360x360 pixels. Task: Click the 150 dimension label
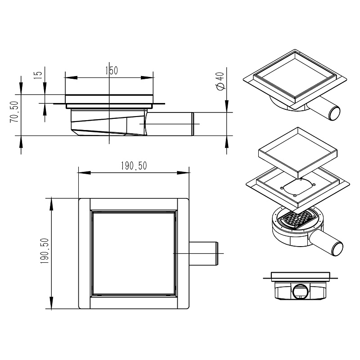tap(112, 71)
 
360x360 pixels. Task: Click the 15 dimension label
tap(38, 75)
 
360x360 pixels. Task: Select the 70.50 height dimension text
tap(14, 112)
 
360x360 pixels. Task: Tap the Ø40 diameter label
tap(220, 81)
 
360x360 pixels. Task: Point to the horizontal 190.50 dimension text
tap(134, 166)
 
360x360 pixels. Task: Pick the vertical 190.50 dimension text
tap(45, 251)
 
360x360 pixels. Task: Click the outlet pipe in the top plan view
tap(203, 253)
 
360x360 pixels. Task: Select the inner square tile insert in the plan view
tap(134, 253)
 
